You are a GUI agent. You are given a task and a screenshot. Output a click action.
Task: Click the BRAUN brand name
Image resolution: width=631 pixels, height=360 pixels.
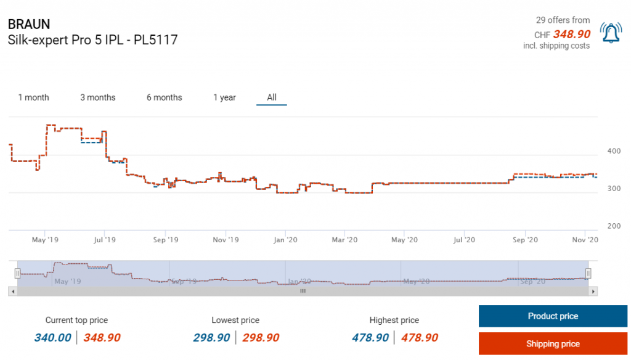pyautogui.click(x=29, y=24)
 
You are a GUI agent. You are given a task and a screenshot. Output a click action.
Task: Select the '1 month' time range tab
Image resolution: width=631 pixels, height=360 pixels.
pyautogui.click(x=33, y=97)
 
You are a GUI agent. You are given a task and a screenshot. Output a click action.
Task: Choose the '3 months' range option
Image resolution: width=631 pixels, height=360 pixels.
pyautogui.click(x=98, y=97)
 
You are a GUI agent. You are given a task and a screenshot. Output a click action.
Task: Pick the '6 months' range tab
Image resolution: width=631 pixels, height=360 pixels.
pyautogui.click(x=165, y=97)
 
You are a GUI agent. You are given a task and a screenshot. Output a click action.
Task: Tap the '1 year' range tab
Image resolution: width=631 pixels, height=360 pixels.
pyautogui.click(x=224, y=97)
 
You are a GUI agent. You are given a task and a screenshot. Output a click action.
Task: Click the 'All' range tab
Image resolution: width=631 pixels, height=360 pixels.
pyautogui.click(x=272, y=97)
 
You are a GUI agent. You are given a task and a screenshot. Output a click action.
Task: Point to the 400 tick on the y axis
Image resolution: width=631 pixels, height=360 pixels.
pyautogui.click(x=614, y=151)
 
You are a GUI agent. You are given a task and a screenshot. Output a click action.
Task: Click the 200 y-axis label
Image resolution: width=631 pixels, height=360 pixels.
pyautogui.click(x=614, y=226)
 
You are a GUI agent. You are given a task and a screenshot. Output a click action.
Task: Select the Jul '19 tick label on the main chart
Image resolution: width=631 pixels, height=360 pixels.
pyautogui.click(x=105, y=240)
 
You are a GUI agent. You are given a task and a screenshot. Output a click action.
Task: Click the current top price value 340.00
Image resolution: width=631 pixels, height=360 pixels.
pyautogui.click(x=52, y=337)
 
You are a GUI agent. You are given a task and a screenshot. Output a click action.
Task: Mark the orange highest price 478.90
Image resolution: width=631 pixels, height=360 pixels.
pyautogui.click(x=420, y=337)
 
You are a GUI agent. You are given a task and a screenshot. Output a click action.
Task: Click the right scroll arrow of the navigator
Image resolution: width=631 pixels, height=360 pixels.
pyautogui.click(x=593, y=291)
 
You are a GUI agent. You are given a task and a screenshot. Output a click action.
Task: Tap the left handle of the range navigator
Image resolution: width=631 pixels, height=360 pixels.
pyautogui.click(x=18, y=272)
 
